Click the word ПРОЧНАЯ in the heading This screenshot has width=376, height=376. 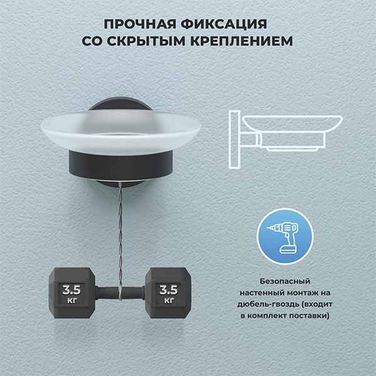[140, 24]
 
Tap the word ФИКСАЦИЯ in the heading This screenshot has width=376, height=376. [224, 24]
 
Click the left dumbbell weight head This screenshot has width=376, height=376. [71, 293]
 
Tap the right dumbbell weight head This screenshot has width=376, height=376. [169, 293]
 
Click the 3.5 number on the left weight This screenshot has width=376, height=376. [71, 290]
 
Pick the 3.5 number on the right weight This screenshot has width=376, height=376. [169, 290]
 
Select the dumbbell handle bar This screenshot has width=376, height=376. [120, 293]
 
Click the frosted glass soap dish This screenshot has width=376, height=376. [120, 133]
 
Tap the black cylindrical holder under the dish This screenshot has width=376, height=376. [120, 165]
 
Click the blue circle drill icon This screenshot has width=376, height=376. [285, 236]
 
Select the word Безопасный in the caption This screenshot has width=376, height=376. [285, 281]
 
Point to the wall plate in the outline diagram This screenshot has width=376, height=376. [234, 140]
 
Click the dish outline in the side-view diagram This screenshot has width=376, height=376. [293, 123]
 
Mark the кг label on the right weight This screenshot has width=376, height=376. [169, 300]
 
